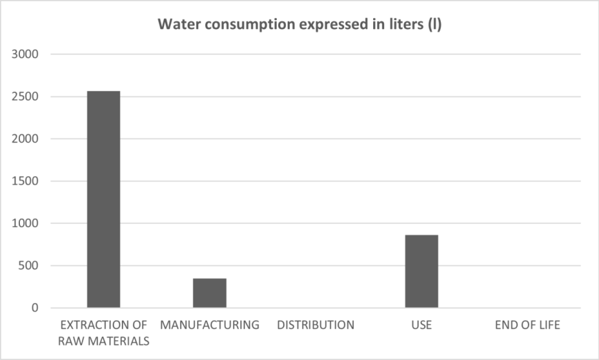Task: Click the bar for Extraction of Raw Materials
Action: click(x=103, y=200)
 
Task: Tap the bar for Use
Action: click(x=421, y=271)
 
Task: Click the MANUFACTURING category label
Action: click(x=209, y=325)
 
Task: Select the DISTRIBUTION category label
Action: click(x=315, y=325)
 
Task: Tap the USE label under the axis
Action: click(x=421, y=325)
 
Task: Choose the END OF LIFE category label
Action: click(x=527, y=325)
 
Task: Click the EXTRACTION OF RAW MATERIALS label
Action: click(x=103, y=332)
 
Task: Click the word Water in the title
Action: click(x=174, y=25)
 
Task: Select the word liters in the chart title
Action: click(x=403, y=25)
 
